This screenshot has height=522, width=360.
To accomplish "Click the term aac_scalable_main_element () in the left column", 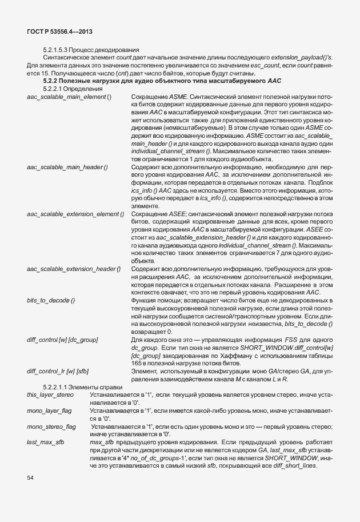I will point(69,98).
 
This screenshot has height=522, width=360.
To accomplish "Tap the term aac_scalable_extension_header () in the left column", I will point(73,269).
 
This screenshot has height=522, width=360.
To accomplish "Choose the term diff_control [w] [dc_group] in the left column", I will point(62,340).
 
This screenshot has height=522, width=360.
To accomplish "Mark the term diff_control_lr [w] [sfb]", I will point(57,371).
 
